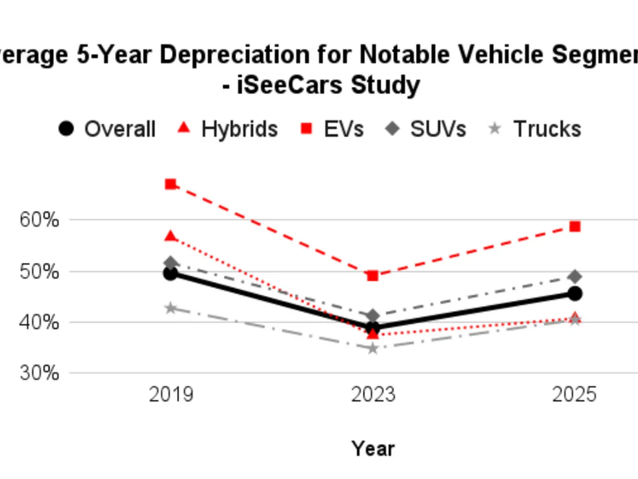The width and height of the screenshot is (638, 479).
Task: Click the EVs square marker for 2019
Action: pos(171,184)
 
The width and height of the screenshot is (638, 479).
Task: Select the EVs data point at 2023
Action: pos(373,276)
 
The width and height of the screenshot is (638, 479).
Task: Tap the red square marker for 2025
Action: pos(575,227)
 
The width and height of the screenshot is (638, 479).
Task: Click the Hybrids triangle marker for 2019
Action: pos(171,236)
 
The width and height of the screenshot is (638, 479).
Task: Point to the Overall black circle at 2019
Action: pos(171,274)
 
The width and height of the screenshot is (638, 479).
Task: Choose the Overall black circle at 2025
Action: pos(575,293)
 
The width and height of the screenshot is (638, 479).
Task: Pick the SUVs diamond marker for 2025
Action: pos(575,277)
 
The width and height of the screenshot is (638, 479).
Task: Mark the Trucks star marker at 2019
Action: pos(171,308)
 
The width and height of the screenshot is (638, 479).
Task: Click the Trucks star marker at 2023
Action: pos(373,349)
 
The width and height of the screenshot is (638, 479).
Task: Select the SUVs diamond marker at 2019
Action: pos(171,263)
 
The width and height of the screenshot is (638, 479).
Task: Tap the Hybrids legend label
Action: pos(239,129)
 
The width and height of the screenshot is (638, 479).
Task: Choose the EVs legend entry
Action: pos(343,129)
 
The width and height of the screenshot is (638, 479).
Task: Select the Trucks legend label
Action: pos(547,129)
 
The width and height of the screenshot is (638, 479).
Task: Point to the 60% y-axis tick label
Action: pos(39,220)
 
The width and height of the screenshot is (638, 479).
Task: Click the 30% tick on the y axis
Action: pos(39,373)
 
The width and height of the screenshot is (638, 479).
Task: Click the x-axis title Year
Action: pos(373,449)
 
